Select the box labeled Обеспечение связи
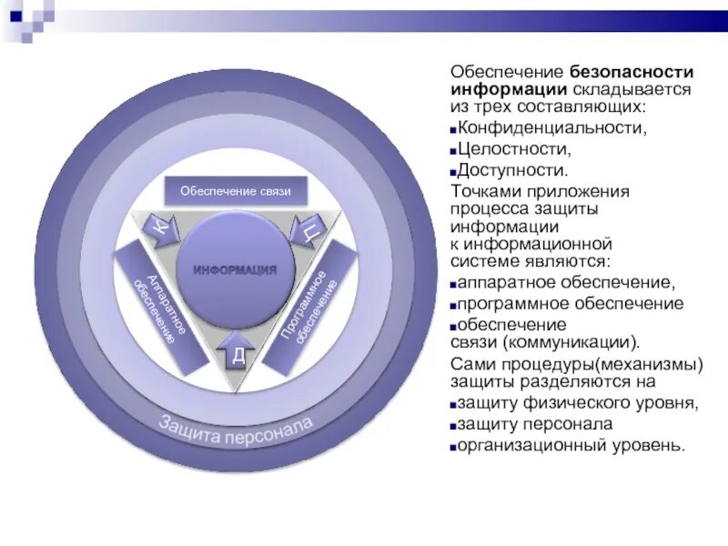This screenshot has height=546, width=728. tap(235, 191)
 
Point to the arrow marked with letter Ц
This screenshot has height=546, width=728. tap(307, 231)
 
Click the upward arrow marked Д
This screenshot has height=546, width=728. tap(236, 352)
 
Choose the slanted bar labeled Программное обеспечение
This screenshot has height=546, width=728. tap(311, 305)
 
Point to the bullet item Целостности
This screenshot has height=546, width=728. tap(514, 149)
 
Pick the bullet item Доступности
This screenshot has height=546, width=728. tap(513, 170)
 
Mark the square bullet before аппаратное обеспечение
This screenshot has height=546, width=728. tap(452, 284)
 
